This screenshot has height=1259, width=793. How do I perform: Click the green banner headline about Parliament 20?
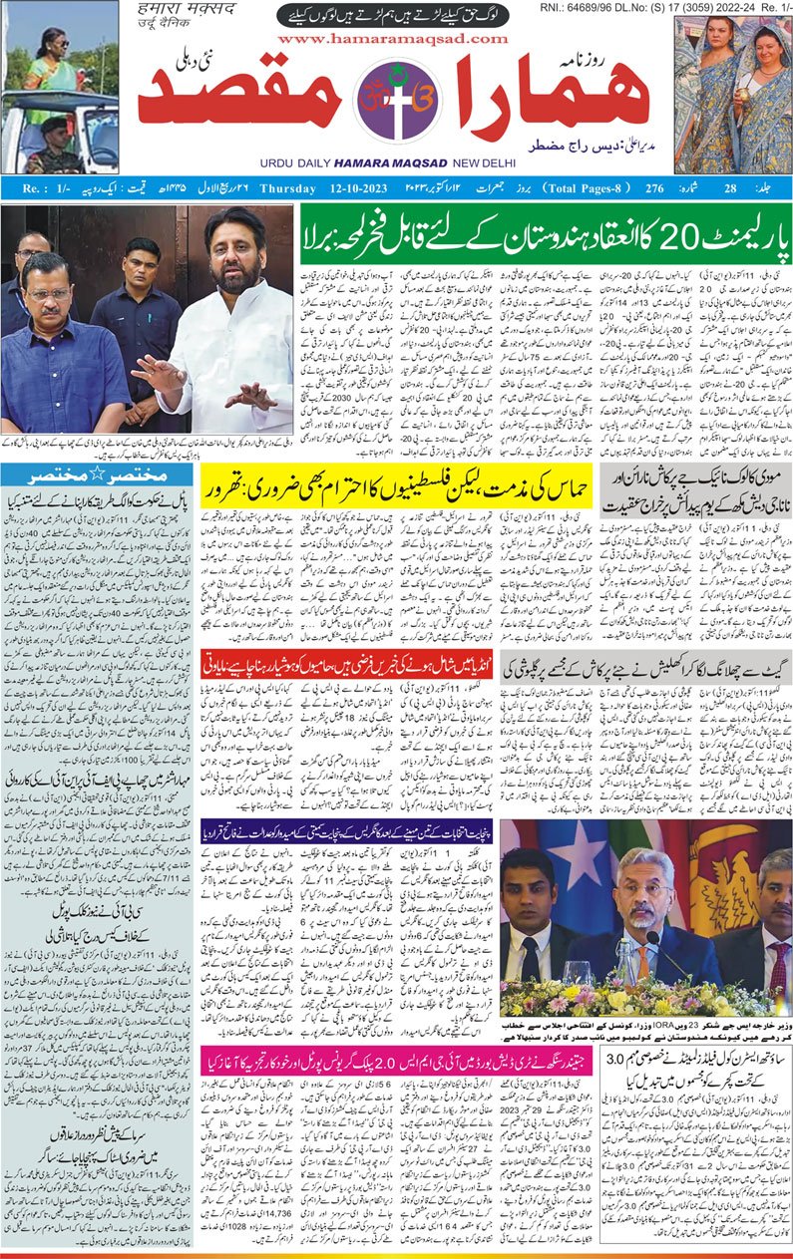[x=547, y=232]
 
